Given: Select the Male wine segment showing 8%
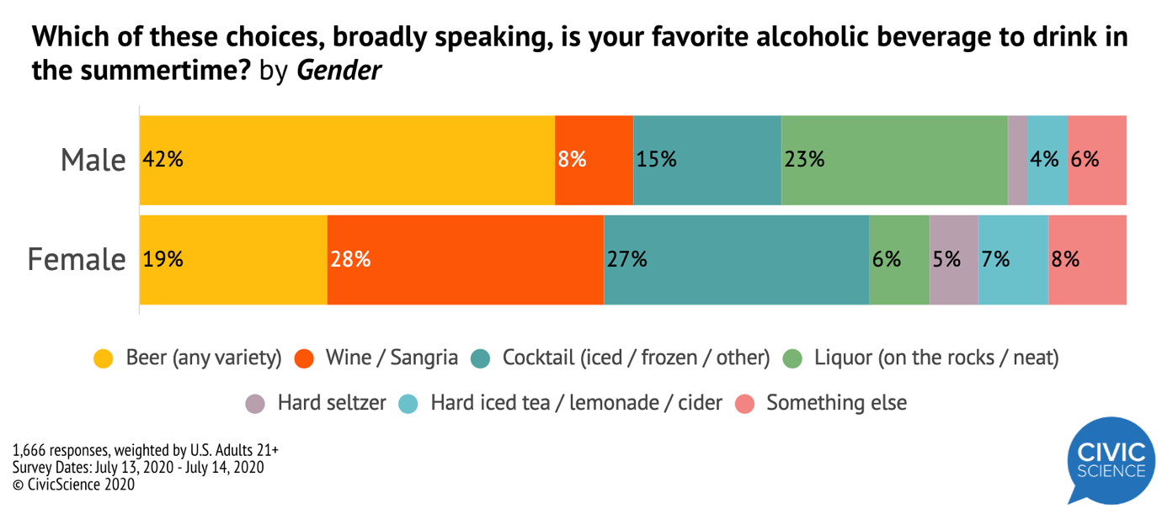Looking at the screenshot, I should [594, 160].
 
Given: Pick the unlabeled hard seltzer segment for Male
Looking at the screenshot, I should [1017, 160].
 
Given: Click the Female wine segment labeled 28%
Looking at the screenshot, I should [465, 259].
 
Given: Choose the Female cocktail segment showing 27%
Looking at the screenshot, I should [736, 259].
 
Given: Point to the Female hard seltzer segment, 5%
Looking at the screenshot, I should [953, 259].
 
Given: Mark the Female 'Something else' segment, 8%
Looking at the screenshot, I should [1087, 259].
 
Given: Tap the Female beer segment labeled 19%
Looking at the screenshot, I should [233, 259].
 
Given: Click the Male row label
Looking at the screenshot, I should [93, 160].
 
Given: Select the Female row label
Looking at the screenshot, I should [77, 259].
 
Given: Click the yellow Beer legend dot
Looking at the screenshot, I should [104, 359].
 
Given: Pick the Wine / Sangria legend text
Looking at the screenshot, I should [391, 358].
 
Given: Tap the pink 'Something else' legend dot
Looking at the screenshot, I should [745, 404].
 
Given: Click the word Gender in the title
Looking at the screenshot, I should [339, 71].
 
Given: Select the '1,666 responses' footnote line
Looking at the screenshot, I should [146, 450].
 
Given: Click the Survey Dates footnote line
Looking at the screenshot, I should [138, 467].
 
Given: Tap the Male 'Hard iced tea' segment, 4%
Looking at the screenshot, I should [1047, 160].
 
